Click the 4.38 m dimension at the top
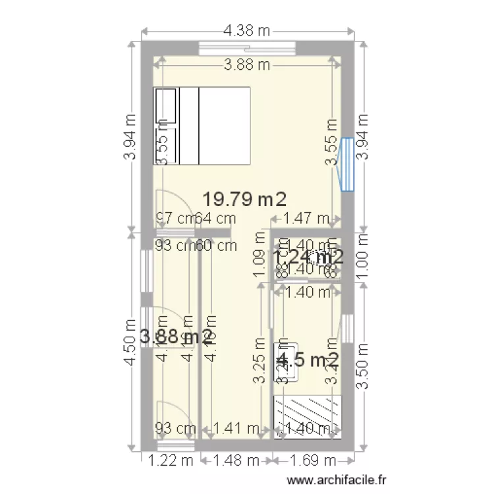(248, 30)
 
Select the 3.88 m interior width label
(247, 65)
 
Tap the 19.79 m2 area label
(244, 198)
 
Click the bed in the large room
(202, 125)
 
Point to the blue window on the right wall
(347, 164)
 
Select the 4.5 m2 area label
(308, 360)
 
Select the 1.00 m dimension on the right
(363, 257)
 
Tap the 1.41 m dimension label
(236, 428)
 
